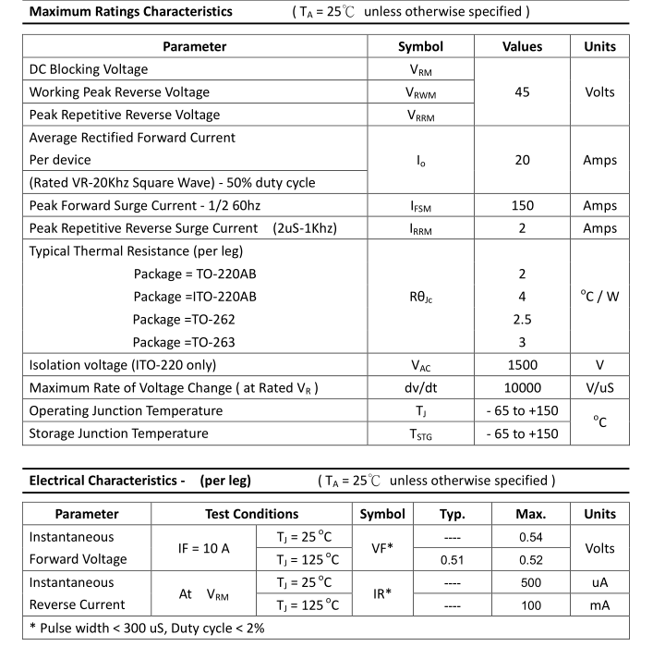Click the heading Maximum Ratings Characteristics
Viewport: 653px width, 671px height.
131,12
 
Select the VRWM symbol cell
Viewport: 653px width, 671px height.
420,92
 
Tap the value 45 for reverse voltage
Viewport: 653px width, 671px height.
522,92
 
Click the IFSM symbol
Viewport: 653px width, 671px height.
420,206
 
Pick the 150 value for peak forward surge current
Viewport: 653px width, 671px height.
522,206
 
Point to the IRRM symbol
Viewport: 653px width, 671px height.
420,228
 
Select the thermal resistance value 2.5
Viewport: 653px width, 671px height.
522,319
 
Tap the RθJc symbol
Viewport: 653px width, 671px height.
420,297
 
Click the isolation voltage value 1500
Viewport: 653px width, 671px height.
522,365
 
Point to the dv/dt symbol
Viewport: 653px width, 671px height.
420,388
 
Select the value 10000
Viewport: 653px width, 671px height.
522,388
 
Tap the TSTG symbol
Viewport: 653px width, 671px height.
420,433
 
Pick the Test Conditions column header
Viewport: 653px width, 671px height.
251,514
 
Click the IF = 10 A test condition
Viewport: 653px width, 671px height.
204,548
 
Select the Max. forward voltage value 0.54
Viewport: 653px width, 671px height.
530,537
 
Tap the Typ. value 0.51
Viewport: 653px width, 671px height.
452,559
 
